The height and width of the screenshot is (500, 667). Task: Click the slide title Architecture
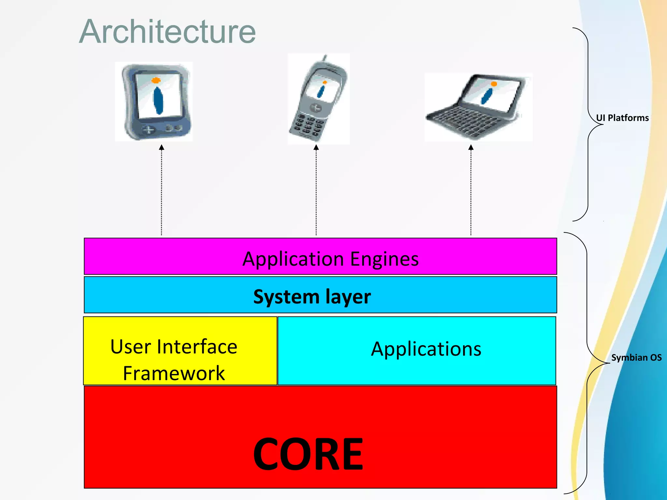(167, 32)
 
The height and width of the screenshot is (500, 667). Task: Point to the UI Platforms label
(622, 118)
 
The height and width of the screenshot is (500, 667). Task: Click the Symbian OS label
(636, 357)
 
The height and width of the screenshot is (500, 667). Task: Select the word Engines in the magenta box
(384, 259)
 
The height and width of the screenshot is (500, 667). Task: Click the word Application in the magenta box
(293, 259)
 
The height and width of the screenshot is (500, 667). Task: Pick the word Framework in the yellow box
(174, 373)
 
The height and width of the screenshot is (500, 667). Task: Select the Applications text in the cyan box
(426, 349)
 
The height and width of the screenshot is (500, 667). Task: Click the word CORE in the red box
(308, 454)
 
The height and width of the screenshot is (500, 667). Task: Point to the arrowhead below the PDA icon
(162, 148)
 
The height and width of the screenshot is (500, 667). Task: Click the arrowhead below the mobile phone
(316, 148)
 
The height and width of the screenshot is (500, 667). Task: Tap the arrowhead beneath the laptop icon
(471, 148)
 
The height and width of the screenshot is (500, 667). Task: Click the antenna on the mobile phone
(324, 58)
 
